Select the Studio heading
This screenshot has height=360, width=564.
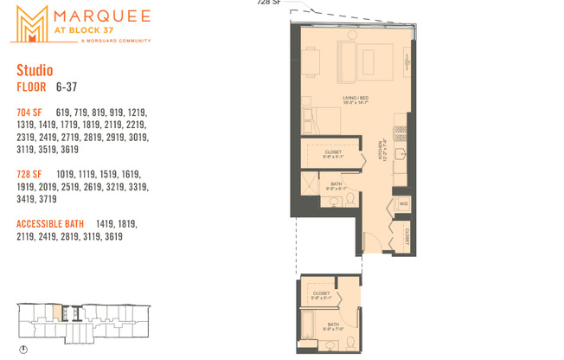coord(35,70)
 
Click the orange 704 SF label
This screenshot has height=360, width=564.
coord(29,112)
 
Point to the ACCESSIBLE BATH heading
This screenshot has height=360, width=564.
coord(50,224)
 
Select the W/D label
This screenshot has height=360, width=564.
coord(402,204)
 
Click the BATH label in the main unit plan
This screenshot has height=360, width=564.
coord(335,183)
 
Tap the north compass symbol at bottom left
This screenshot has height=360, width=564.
coord(23,349)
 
